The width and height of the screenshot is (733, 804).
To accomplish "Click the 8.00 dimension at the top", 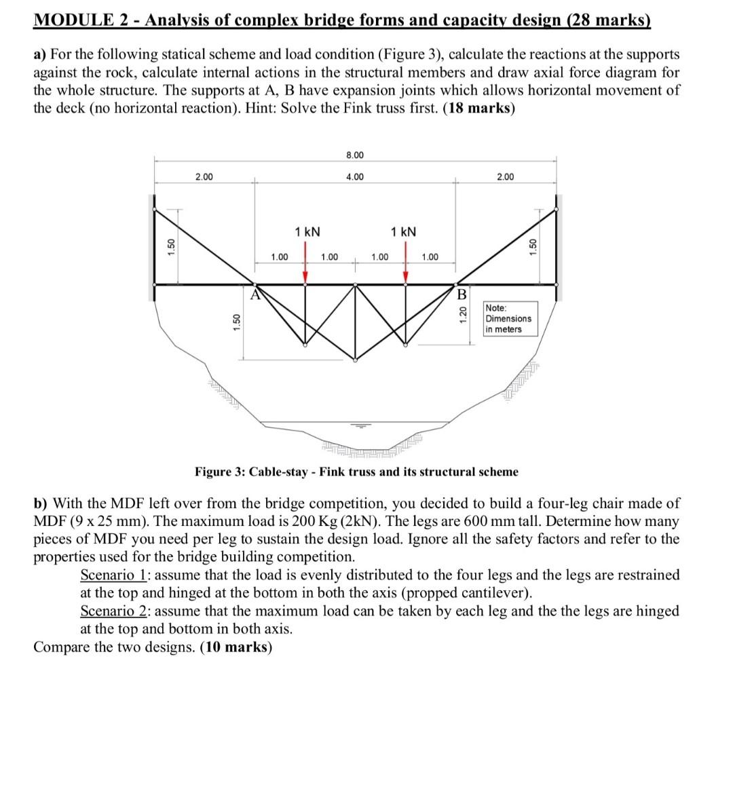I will pos(354,155).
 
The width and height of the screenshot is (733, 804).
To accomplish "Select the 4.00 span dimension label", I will pos(354,177).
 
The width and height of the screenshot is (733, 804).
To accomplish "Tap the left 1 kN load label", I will pos(307,232).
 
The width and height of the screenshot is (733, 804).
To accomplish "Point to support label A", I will pos(255,294).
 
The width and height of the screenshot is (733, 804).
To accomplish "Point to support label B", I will pos(462,295).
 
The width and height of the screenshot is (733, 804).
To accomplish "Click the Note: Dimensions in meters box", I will pos(509,319).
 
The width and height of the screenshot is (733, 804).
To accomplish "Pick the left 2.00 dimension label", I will pos(204,177).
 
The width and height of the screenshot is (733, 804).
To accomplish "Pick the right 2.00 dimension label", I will pos(505,177).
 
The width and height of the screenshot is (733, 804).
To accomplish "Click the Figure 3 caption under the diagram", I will pos(356,472).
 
